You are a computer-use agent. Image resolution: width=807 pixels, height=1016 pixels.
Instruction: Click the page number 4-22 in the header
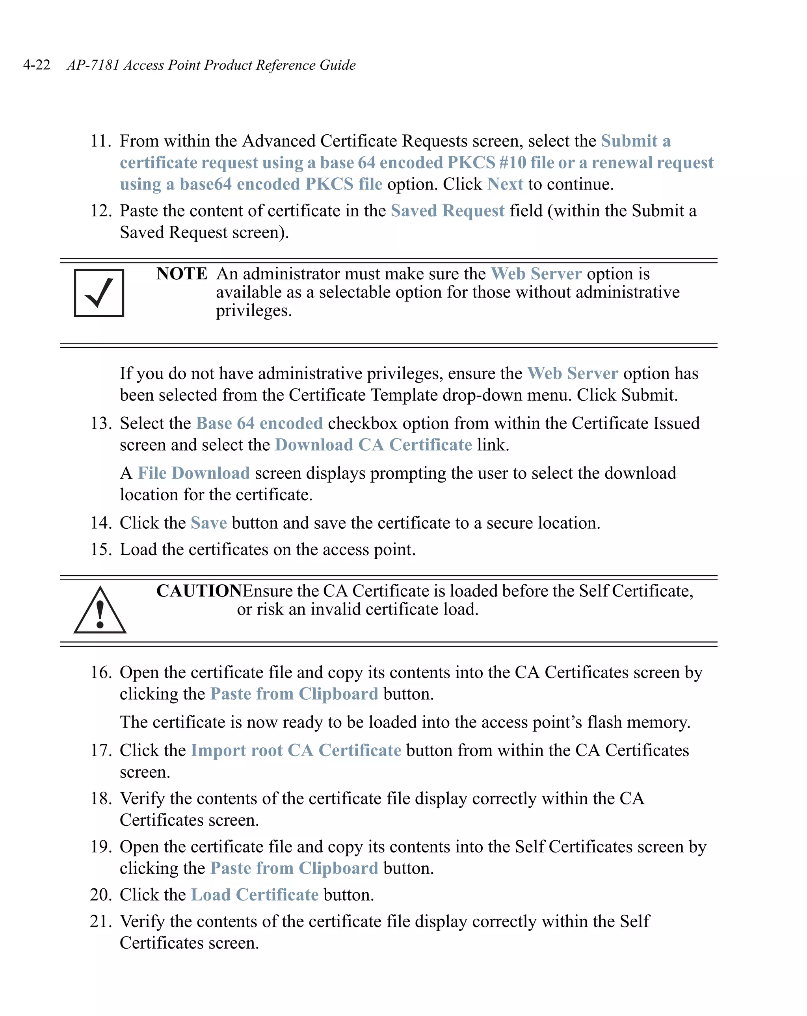pyautogui.click(x=36, y=65)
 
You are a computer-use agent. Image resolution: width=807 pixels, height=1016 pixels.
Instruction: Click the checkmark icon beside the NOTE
pyautogui.click(x=99, y=293)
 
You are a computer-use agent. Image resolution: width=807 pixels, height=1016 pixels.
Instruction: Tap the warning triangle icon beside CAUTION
pyautogui.click(x=100, y=611)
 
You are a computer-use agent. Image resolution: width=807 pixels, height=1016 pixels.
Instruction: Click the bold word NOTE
pyautogui.click(x=182, y=274)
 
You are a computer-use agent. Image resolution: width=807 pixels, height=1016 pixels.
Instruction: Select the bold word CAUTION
pyautogui.click(x=199, y=591)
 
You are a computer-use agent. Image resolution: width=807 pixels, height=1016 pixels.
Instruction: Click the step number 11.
pyautogui.click(x=100, y=141)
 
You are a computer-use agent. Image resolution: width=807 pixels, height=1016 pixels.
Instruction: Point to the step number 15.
pyautogui.click(x=100, y=550)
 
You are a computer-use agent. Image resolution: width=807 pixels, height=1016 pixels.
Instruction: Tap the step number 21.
pyautogui.click(x=100, y=921)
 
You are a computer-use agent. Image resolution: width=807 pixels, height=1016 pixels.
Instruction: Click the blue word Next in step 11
pyautogui.click(x=505, y=184)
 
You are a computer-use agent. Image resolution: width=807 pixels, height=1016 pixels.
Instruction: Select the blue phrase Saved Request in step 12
pyautogui.click(x=447, y=211)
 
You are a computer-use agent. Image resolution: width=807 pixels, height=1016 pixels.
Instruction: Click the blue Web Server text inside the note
pyautogui.click(x=536, y=274)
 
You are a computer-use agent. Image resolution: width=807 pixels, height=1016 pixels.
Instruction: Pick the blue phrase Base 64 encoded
pyautogui.click(x=259, y=423)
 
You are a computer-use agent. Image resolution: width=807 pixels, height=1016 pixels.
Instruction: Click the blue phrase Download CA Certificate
pyautogui.click(x=373, y=445)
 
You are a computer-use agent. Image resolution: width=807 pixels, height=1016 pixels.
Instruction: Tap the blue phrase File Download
pyautogui.click(x=194, y=473)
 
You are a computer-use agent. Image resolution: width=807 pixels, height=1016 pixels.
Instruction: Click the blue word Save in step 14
pyautogui.click(x=209, y=523)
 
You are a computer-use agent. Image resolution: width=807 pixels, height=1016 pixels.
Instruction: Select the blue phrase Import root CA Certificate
pyautogui.click(x=296, y=750)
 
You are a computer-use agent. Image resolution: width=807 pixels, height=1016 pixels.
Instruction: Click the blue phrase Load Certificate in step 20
pyautogui.click(x=255, y=895)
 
